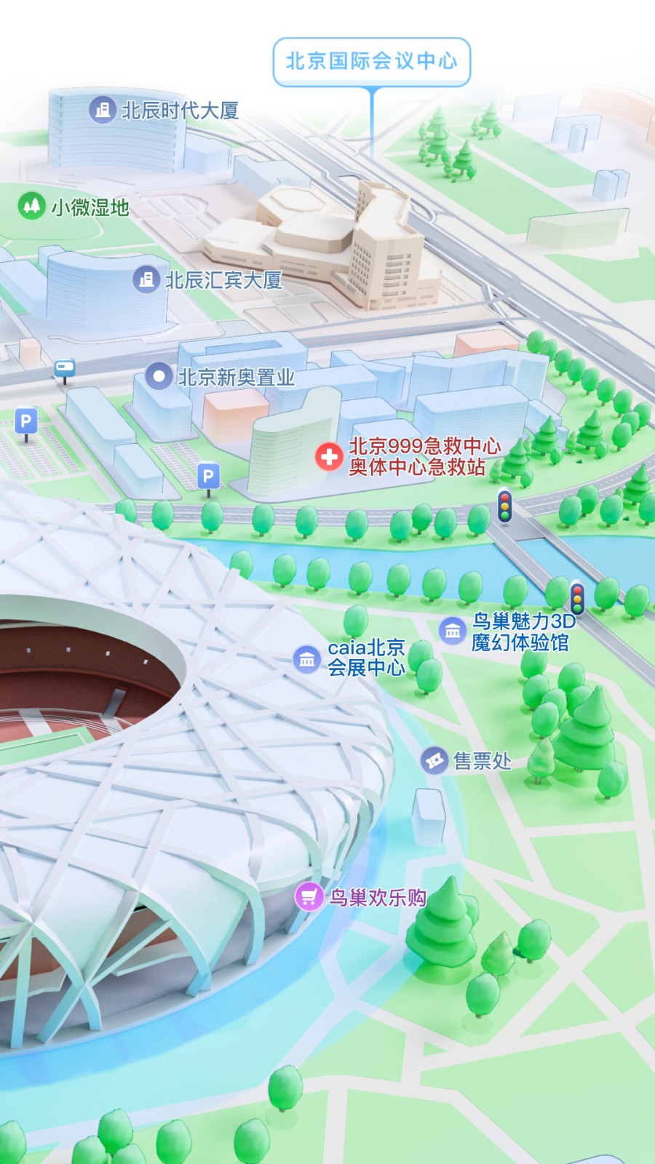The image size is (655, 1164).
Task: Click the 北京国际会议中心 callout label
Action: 371,61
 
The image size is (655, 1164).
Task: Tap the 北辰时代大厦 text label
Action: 180,111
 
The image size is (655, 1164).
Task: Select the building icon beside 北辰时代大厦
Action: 103,110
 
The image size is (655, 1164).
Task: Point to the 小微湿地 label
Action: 90,207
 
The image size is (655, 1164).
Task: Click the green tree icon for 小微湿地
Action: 31,206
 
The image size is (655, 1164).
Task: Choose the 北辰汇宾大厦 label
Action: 223,280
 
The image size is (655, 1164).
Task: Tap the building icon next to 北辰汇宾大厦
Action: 146,279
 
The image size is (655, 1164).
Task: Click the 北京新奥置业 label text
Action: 237,377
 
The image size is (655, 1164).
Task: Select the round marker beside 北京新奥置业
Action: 159,376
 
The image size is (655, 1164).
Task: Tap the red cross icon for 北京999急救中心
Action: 329,456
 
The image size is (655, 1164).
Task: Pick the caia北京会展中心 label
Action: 366,658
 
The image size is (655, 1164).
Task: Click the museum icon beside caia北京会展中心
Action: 306,659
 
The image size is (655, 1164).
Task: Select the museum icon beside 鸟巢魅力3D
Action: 453,630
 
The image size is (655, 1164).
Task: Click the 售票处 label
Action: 482,761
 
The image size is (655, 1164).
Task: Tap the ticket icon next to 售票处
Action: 434,761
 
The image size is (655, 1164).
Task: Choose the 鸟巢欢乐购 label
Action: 378,897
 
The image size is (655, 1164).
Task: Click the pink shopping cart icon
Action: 309,896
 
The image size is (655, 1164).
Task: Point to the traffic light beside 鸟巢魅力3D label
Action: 577,598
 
